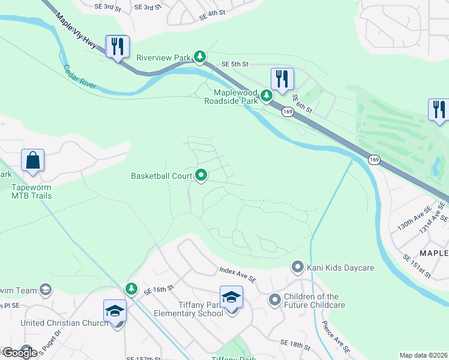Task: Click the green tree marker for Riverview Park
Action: (x=200, y=58)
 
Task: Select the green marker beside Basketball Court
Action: (x=201, y=176)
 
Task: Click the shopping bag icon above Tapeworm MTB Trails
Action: (x=33, y=161)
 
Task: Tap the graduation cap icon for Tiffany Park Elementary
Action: (x=231, y=296)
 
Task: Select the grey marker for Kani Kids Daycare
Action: (x=297, y=266)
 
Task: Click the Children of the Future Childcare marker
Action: (x=274, y=299)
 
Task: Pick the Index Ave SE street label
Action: (x=238, y=275)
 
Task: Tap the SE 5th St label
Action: (x=234, y=64)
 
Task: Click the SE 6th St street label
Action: (x=303, y=103)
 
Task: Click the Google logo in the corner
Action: (x=19, y=352)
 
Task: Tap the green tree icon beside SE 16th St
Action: (x=131, y=289)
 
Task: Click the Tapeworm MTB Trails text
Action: (x=32, y=191)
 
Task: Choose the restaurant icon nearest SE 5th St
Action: (x=282, y=78)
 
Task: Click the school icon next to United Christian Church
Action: (x=115, y=311)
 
